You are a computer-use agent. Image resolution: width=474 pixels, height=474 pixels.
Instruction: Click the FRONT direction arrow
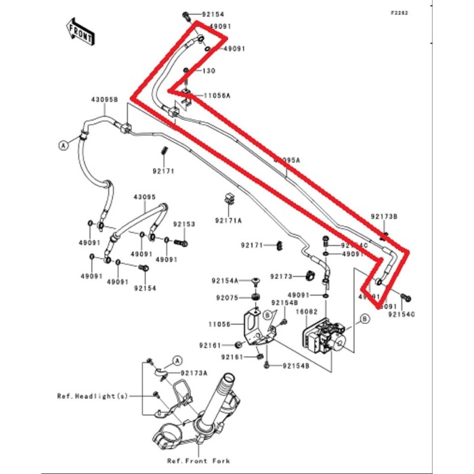pyautogui.click(x=79, y=31)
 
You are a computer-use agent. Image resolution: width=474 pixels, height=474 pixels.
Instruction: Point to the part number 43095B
pyautogui.click(x=105, y=99)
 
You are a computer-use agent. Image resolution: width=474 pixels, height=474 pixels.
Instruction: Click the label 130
pyautogui.click(x=209, y=70)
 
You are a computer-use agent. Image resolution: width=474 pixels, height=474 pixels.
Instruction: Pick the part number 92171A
pyautogui.click(x=228, y=221)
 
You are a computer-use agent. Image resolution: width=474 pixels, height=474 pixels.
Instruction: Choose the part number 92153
pyautogui.click(x=184, y=223)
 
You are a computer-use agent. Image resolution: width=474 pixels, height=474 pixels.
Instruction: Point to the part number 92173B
pyautogui.click(x=384, y=217)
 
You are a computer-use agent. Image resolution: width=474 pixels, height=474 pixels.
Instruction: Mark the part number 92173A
pyautogui.click(x=194, y=373)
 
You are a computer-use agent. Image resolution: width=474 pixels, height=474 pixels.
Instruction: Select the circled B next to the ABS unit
pyautogui.click(x=365, y=318)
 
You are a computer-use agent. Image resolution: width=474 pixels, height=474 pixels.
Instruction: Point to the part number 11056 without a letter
pyautogui.click(x=220, y=324)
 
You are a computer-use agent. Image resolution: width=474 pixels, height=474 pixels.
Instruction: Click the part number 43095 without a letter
pyautogui.click(x=145, y=197)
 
